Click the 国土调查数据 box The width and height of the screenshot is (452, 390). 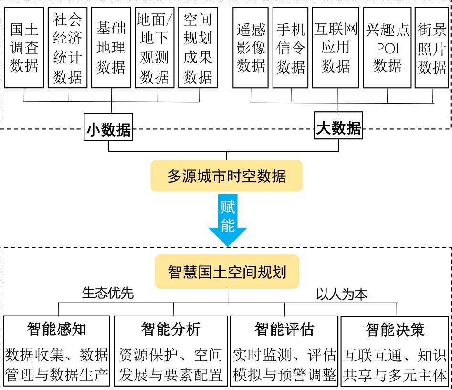24,47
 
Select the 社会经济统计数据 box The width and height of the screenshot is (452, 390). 68,47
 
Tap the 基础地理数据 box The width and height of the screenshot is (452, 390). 111,47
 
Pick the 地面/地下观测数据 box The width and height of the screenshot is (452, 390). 155,47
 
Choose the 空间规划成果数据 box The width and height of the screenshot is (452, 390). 198,47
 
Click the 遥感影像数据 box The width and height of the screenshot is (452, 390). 251,47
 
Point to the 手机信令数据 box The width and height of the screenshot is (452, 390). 290,47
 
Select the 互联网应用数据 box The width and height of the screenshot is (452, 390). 336,47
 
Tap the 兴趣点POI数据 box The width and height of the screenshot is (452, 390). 387,47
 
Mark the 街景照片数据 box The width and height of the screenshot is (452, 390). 432,47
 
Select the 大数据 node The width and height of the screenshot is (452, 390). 338,127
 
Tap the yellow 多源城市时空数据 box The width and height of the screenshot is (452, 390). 227,176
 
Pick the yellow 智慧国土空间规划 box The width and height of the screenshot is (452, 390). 227,272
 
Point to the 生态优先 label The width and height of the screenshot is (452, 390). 108,293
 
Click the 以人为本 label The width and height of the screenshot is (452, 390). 342,294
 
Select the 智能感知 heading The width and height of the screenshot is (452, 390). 57,329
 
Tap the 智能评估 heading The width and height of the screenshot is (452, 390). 284,329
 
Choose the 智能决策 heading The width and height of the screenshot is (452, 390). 395,329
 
